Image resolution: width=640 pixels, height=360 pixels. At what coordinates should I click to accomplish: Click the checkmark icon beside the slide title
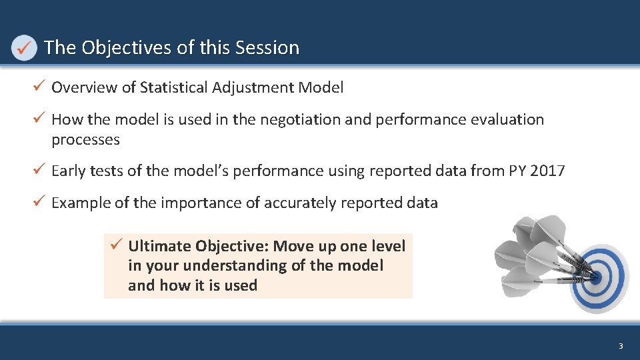24,48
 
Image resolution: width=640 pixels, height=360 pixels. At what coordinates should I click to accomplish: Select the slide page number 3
621,346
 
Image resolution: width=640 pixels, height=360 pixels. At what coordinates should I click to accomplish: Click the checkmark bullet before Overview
40,87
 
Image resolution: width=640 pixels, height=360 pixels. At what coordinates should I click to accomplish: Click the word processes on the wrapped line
85,140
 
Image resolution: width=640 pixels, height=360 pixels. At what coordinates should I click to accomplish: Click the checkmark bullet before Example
40,202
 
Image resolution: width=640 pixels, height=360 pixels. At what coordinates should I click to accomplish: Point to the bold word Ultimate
159,246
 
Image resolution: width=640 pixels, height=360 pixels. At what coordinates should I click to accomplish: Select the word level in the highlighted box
388,246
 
